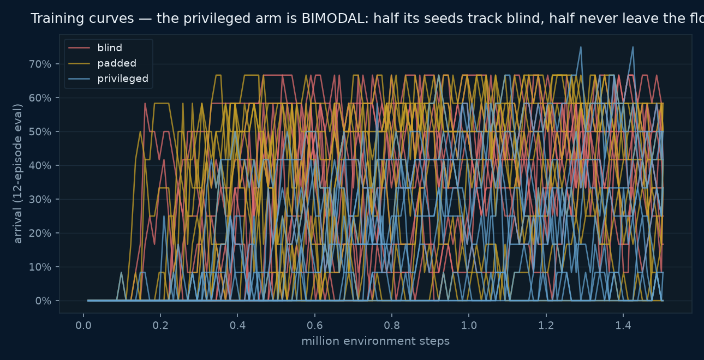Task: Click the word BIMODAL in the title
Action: [335, 19]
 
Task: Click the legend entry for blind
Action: [110, 48]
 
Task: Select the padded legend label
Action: [117, 63]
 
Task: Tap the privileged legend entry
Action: [123, 79]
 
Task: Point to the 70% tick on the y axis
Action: [40, 64]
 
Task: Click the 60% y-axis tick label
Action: [40, 98]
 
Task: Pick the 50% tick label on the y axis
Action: [40, 131]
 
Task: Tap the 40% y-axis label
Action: [40, 166]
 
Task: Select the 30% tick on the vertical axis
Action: [40, 199]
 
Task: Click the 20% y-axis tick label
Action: [40, 233]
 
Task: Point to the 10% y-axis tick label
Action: [40, 267]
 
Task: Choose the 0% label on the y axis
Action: [43, 301]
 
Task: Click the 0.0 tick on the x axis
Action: [83, 326]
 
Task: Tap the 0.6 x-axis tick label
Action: [314, 326]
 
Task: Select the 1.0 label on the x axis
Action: [469, 326]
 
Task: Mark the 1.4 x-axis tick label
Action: [623, 326]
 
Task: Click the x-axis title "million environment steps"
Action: [375, 341]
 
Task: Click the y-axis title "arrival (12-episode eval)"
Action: [17, 173]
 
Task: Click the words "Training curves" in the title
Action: [82, 19]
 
